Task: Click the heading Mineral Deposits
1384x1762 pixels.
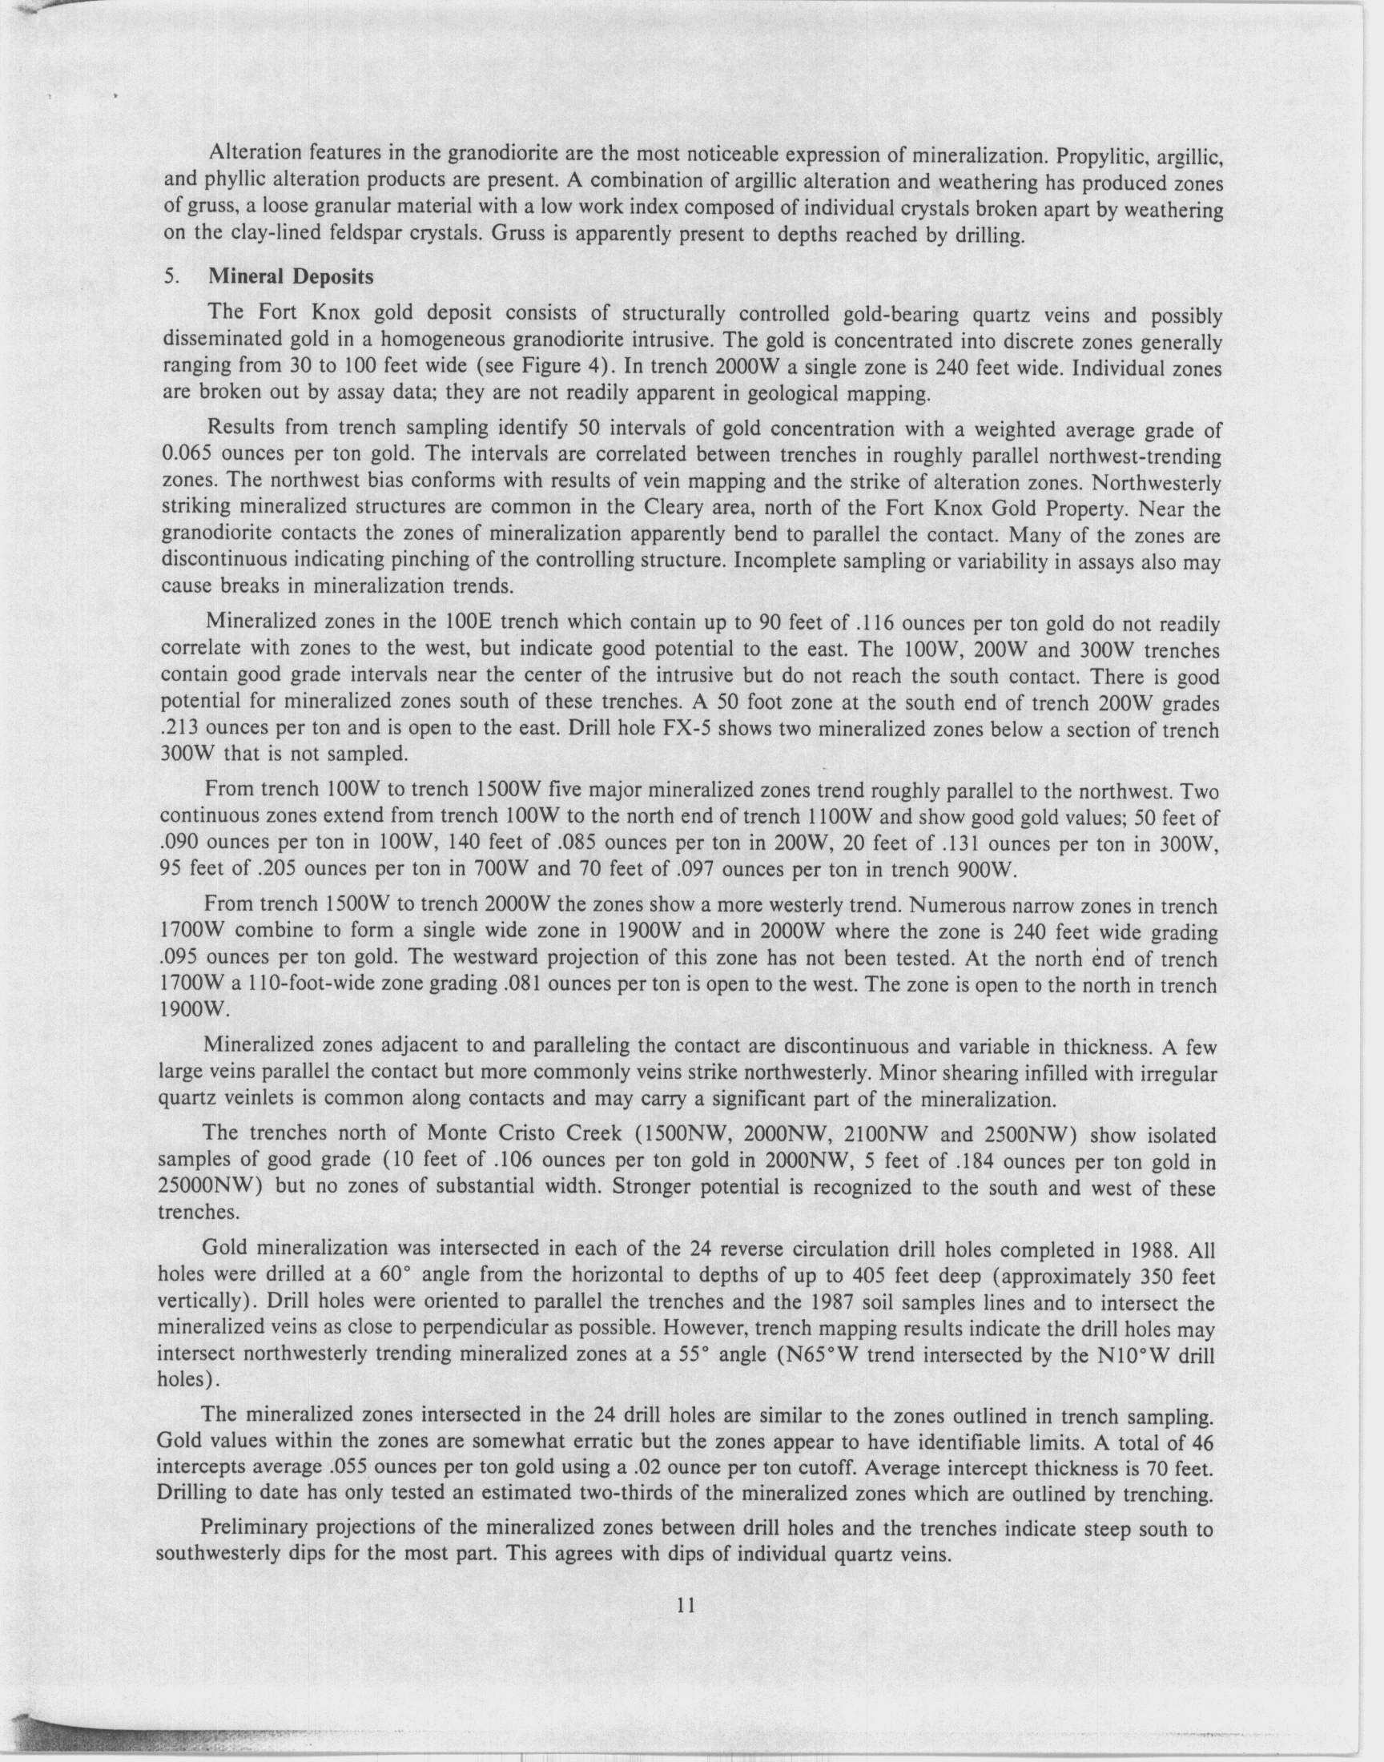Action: point(291,277)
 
